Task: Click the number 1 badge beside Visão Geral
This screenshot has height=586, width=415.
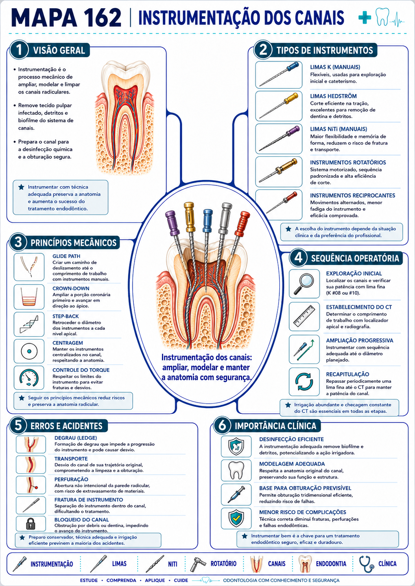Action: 19,50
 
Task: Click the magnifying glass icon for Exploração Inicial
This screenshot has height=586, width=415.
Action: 304,284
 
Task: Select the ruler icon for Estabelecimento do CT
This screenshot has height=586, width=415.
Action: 304,316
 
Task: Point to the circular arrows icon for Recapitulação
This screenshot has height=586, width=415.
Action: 304,382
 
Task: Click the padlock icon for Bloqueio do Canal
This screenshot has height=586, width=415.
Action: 31,524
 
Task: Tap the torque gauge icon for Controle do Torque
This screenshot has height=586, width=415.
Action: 29,378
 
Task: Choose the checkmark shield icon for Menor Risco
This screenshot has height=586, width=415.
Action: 236,519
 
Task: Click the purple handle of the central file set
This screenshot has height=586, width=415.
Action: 172,222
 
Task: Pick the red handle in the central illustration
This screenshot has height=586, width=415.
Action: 242,223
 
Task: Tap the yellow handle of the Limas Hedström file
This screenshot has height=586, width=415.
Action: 291,98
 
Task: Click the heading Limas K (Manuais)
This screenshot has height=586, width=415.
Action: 335,67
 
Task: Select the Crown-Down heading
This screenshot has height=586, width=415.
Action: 71,288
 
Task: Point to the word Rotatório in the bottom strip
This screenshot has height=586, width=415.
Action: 223,563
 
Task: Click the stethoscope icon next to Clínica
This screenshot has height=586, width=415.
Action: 366,564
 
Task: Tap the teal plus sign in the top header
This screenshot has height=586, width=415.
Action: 365,17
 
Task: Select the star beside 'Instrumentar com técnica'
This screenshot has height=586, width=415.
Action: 21,187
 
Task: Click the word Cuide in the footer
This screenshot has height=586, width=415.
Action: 181,580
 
